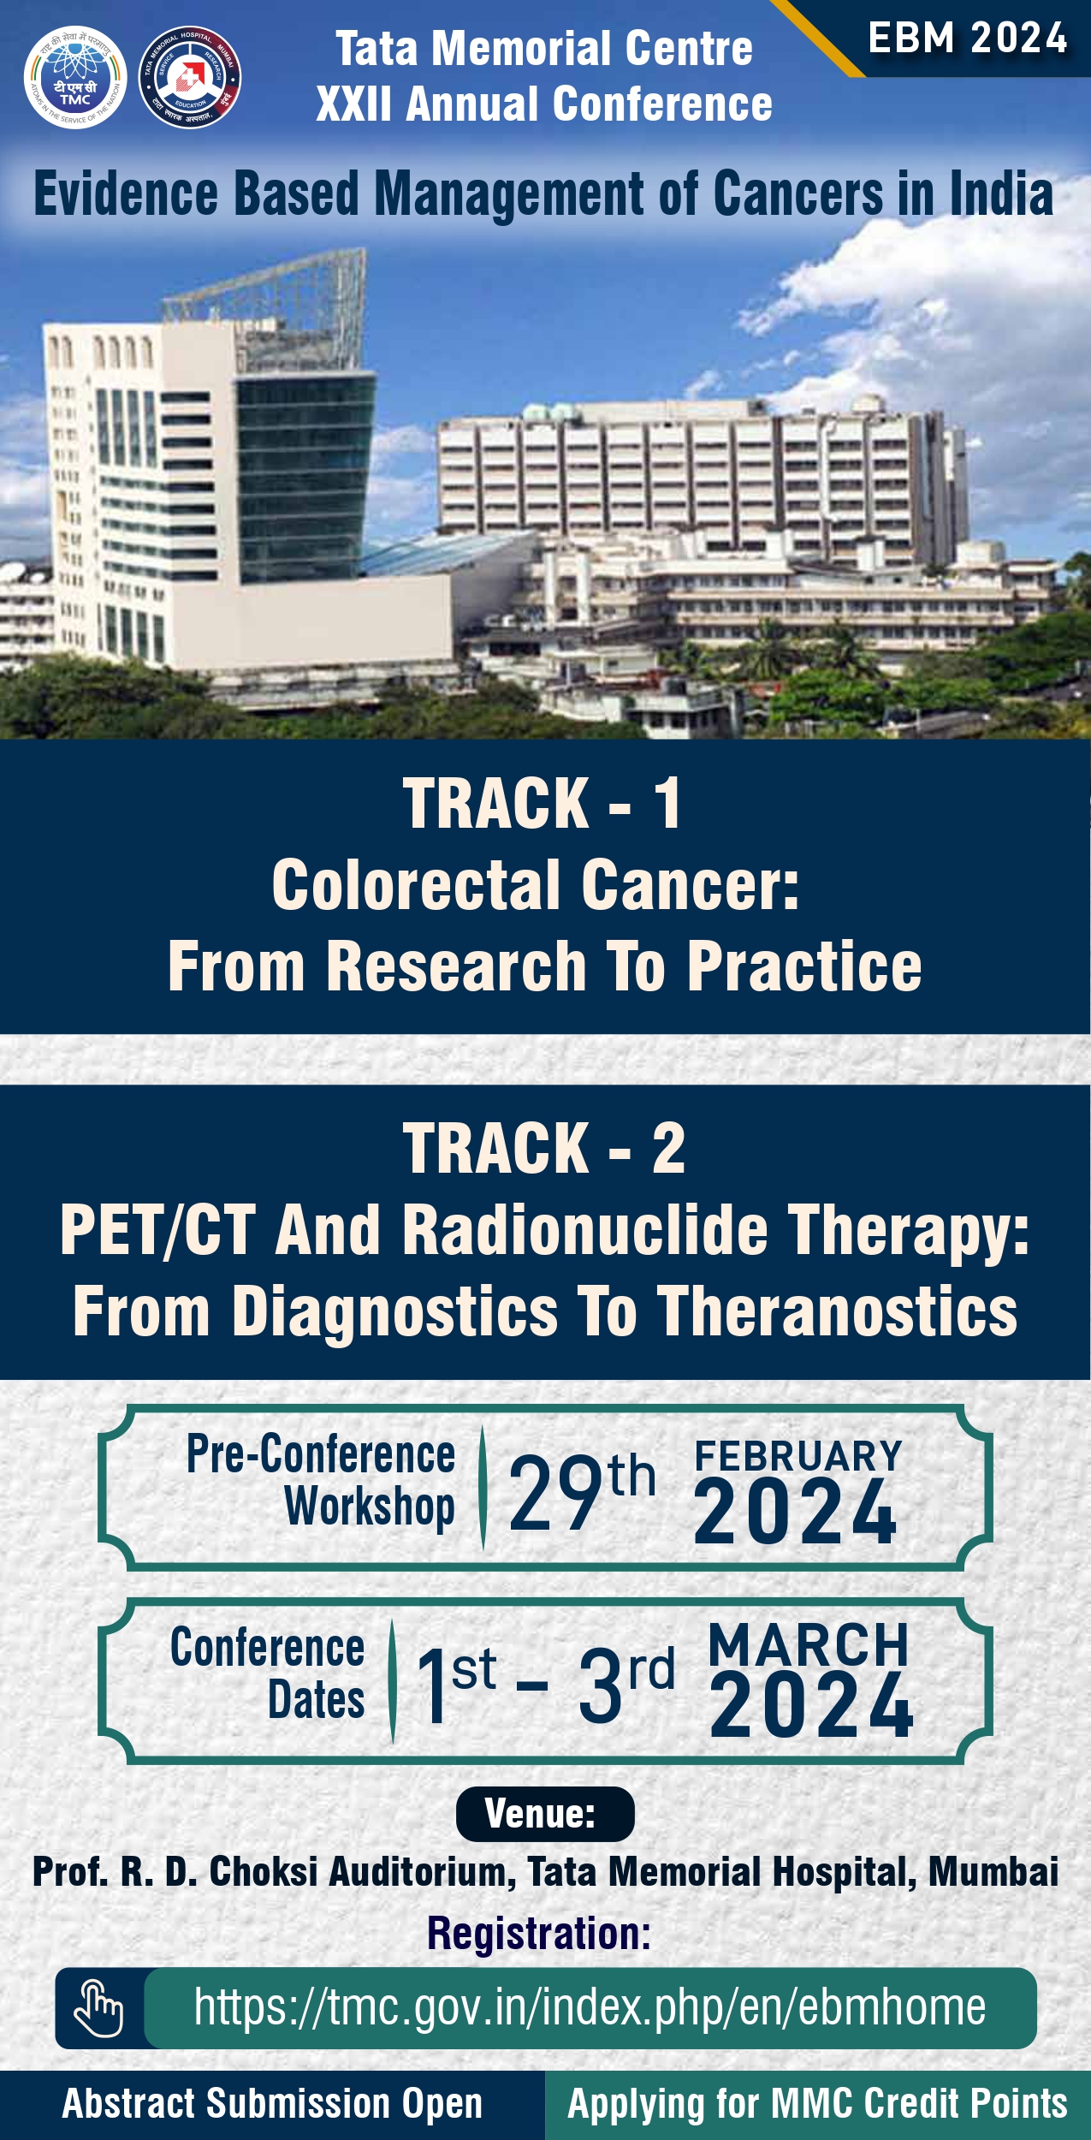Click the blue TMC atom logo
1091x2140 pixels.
coord(75,77)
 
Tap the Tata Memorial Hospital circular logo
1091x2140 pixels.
coord(190,77)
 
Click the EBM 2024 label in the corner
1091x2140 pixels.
coord(968,39)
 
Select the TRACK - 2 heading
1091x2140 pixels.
coord(544,1149)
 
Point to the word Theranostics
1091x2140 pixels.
coord(837,1311)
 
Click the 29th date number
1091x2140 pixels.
coord(582,1493)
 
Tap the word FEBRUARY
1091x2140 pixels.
coord(798,1456)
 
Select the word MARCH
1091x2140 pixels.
coord(809,1644)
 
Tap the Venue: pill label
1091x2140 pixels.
coord(545,1814)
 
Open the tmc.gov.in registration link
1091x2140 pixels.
coord(590,2007)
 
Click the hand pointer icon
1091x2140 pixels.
coord(98,2007)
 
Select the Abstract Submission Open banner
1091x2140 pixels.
coord(272,2104)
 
